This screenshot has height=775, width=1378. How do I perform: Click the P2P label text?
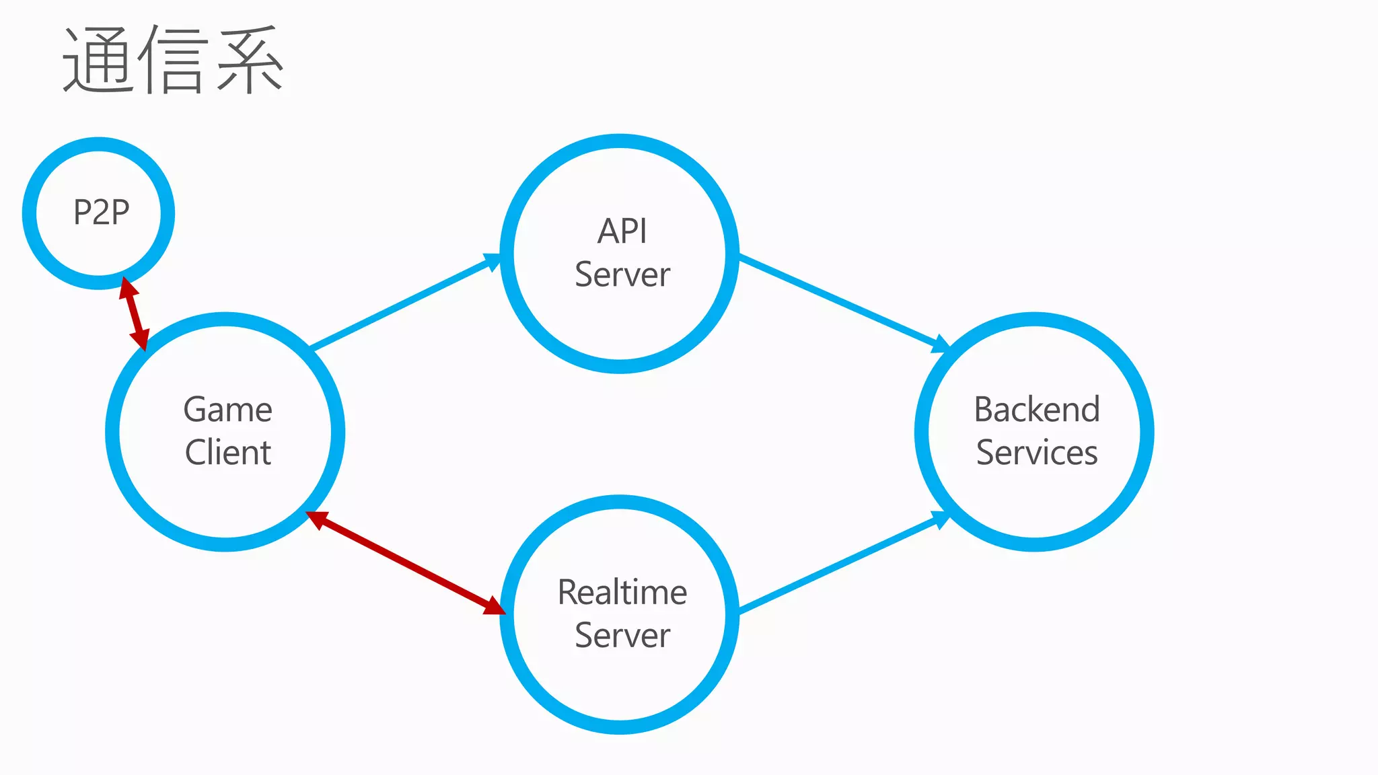pos(101,213)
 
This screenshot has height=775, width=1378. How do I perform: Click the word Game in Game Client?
pos(227,410)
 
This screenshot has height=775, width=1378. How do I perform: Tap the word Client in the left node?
pos(227,452)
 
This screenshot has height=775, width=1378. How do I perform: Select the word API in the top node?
pos(622,231)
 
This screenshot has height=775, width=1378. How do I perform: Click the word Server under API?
pos(622,274)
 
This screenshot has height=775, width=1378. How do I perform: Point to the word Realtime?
pos(622,593)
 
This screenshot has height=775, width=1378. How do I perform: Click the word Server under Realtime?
pos(622,636)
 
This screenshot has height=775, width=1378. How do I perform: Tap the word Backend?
pos(1036,410)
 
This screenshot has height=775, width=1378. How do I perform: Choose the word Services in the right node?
pos(1036,452)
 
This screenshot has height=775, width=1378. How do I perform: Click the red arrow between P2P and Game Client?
pos(134,313)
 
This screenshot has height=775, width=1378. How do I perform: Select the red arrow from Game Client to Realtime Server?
pos(406,563)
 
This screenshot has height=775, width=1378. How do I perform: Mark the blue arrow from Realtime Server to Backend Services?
pos(841,564)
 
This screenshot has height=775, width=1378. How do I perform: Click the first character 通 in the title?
pos(98,61)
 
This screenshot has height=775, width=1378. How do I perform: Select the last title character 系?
pos(249,61)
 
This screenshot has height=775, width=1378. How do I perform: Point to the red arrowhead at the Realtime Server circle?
pos(494,607)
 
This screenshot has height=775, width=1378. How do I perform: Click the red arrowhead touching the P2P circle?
pos(128,288)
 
